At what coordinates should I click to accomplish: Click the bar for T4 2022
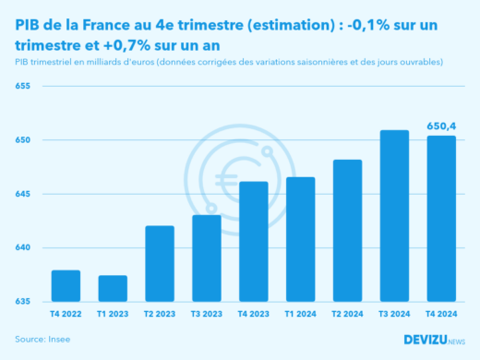[x=65, y=286]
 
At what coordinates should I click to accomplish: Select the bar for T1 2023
[x=113, y=289]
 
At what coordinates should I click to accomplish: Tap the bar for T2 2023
[x=160, y=264]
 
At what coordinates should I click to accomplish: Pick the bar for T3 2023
[x=206, y=258]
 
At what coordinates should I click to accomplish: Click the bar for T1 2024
[x=300, y=239]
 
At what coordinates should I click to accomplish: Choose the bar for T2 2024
[x=347, y=231]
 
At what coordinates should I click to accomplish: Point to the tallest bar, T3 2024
[x=394, y=216]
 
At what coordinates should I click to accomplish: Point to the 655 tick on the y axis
[x=22, y=87]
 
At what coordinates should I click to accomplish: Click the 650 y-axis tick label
[x=22, y=140]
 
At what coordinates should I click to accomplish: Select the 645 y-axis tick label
[x=22, y=194]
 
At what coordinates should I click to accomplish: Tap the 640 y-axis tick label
[x=22, y=247]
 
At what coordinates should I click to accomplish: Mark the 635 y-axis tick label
[x=22, y=302]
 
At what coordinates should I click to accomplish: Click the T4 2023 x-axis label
[x=253, y=314]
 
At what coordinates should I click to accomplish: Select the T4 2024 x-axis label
[x=441, y=314]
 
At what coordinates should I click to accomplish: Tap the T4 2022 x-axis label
[x=65, y=314]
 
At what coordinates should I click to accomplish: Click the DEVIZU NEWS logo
[x=434, y=340]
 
